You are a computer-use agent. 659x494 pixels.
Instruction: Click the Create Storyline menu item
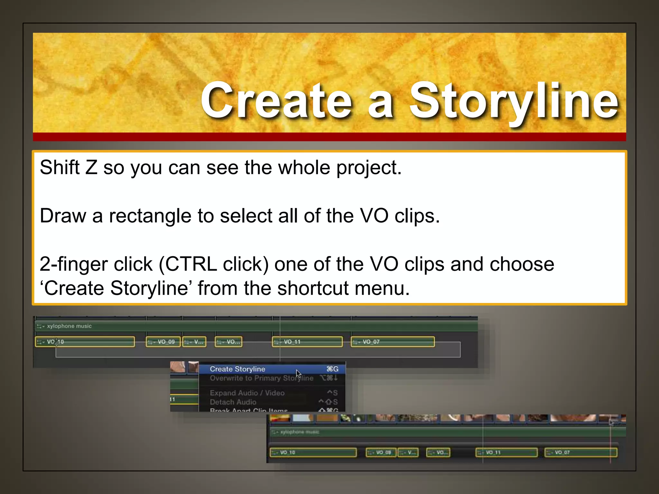click(237, 369)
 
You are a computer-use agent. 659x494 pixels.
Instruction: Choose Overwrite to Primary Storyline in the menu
click(261, 378)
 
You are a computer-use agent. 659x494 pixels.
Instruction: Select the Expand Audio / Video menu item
click(247, 393)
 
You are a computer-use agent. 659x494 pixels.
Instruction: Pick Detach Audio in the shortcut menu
click(233, 402)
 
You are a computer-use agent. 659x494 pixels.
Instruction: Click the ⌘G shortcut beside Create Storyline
click(332, 369)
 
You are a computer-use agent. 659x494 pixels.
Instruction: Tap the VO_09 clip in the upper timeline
click(163, 342)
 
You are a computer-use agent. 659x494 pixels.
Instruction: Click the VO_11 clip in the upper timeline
click(307, 342)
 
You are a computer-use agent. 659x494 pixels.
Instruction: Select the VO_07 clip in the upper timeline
click(393, 342)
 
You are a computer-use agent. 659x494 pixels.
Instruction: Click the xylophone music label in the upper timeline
click(69, 326)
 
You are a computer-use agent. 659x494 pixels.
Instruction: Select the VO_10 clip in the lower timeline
click(313, 453)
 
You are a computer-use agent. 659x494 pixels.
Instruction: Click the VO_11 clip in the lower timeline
click(506, 453)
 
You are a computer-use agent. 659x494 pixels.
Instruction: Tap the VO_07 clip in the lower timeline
click(581, 453)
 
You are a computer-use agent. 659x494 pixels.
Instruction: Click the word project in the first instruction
click(369, 168)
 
